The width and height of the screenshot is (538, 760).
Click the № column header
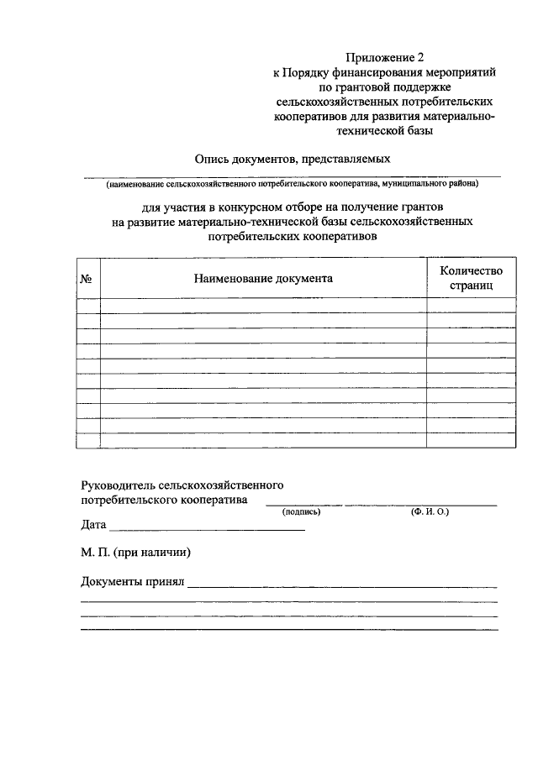click(86, 278)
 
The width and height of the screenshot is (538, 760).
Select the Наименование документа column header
click(263, 278)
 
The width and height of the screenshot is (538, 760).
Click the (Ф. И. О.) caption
click(430, 511)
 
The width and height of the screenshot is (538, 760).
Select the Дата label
click(93, 526)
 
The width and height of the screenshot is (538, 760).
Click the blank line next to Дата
click(207, 528)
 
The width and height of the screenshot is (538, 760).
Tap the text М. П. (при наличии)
click(136, 553)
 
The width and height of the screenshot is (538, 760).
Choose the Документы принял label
click(132, 581)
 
